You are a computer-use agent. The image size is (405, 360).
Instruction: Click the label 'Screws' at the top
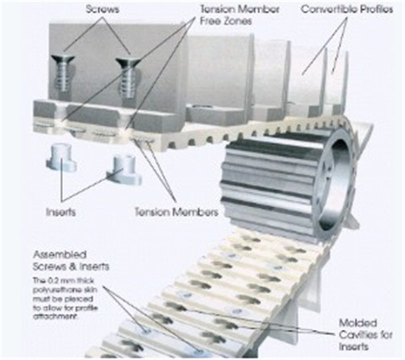[x=102, y=9]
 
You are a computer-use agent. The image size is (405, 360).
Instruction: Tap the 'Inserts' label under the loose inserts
[x=60, y=212]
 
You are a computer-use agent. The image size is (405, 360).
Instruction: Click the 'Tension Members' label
[x=176, y=212]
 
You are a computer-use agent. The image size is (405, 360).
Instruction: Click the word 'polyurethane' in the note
[x=59, y=289]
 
